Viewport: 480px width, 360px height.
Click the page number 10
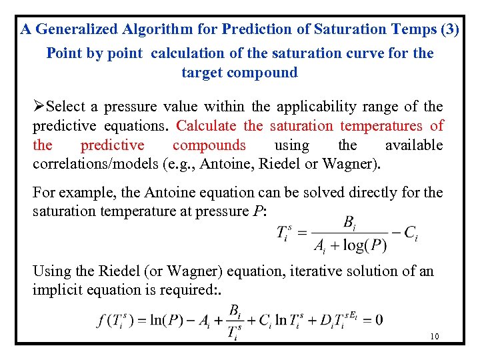[435, 337]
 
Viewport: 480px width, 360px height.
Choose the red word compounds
[209, 145]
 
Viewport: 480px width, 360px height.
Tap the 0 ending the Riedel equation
[379, 320]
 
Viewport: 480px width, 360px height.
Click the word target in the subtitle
[202, 73]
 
